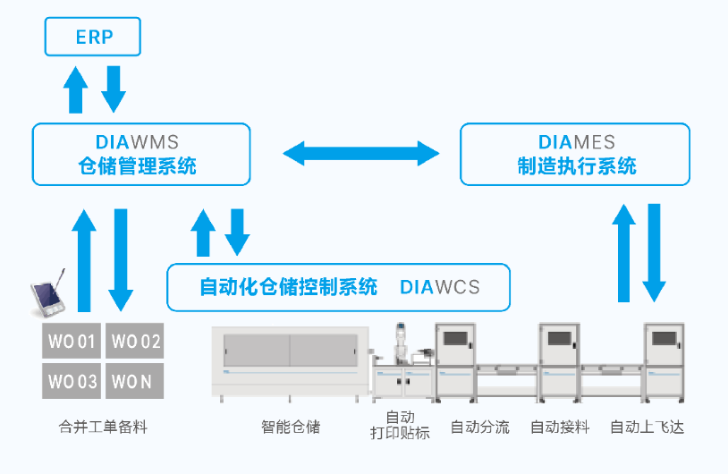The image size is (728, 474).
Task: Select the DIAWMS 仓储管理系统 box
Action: tap(141, 154)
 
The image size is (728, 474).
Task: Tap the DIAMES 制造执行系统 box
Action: tap(575, 154)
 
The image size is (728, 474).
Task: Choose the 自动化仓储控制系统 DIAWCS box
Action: tap(338, 287)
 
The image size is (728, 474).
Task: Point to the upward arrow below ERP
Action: tap(77, 90)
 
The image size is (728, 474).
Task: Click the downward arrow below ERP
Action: tap(114, 89)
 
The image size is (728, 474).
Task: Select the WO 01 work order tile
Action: tap(72, 341)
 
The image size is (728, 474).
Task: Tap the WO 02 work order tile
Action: tap(135, 341)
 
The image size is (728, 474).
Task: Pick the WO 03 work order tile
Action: tap(72, 381)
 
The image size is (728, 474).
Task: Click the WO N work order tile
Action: tap(135, 381)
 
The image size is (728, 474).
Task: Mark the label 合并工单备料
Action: tap(102, 427)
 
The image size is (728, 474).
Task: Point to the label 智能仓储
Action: tap(291, 427)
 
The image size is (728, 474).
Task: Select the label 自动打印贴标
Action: tap(400, 426)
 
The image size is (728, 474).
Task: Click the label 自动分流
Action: tap(479, 427)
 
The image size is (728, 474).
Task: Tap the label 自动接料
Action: tap(560, 427)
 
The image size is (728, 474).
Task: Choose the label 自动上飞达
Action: tap(647, 427)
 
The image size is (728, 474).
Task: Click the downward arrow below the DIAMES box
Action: tap(655, 253)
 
